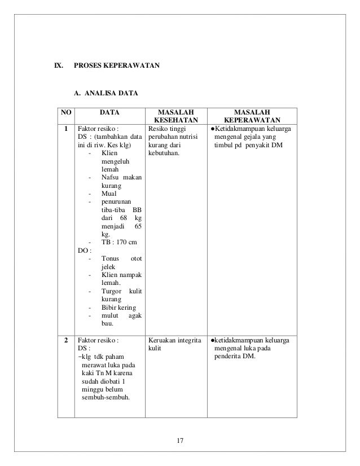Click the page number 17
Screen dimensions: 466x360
(x=180, y=440)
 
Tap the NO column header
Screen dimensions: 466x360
(x=66, y=112)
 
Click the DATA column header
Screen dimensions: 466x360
(x=109, y=112)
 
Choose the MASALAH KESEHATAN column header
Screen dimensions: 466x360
(x=177, y=116)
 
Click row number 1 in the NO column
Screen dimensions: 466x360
(x=66, y=129)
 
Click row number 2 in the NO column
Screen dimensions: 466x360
(x=66, y=341)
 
